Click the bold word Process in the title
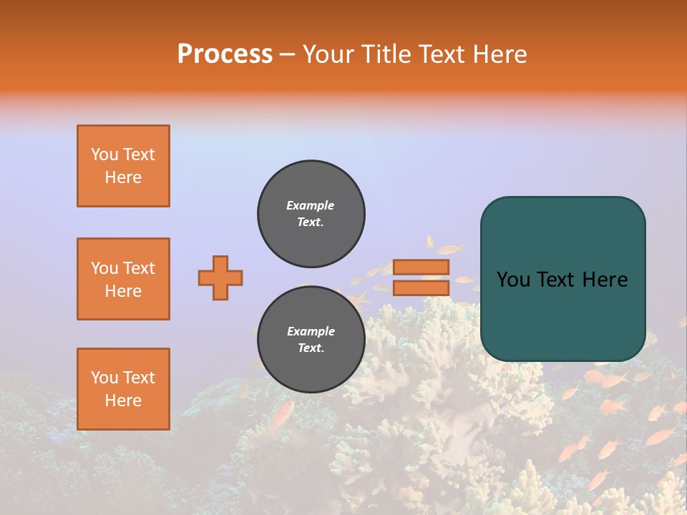point(225,54)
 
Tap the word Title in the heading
point(385,54)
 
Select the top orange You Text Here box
point(123,166)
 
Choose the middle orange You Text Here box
point(123,279)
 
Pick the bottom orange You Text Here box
point(123,389)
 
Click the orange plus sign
point(220,278)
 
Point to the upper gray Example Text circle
point(311,214)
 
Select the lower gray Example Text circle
point(311,340)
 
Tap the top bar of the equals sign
point(421,268)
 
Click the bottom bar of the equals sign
point(421,288)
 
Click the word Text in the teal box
point(562,279)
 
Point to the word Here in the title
point(498,54)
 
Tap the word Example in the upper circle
point(311,205)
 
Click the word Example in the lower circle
point(311,331)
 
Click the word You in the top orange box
point(104,154)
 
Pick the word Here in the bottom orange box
point(123,401)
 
